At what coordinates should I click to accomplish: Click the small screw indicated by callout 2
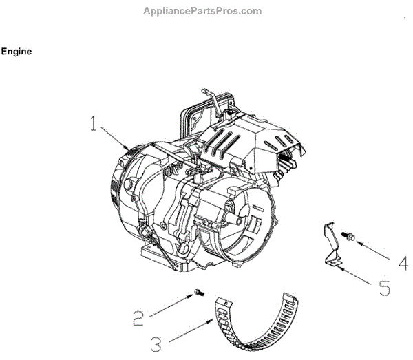(x=198, y=294)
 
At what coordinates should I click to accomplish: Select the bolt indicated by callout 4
(x=350, y=237)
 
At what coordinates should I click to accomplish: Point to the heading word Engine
(x=17, y=52)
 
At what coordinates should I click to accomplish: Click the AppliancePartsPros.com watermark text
(x=202, y=11)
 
